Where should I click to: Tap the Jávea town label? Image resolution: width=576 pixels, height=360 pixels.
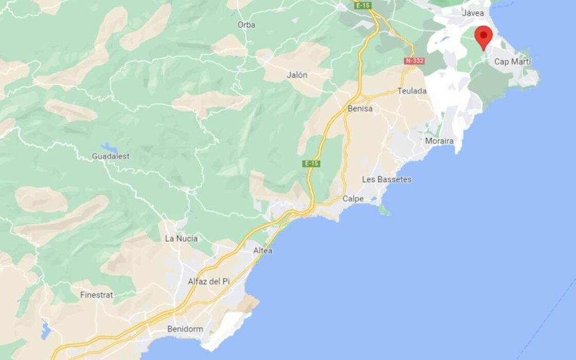473,13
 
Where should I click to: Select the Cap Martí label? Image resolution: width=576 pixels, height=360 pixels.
513,62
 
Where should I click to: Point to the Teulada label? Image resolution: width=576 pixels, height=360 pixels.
412,91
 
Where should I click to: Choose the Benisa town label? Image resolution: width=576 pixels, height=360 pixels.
360,109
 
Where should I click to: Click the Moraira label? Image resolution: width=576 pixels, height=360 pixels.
439,141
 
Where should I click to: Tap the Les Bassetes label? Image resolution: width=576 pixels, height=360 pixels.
387,179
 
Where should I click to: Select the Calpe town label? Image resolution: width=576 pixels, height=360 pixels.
353,199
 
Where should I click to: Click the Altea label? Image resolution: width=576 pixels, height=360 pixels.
263,251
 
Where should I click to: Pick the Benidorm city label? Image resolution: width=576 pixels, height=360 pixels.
185,329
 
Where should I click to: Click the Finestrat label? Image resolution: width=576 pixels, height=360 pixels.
97,295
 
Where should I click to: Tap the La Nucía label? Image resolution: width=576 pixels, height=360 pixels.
181,239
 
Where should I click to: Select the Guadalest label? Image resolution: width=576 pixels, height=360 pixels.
111,156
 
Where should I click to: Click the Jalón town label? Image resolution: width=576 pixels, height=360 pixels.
297,75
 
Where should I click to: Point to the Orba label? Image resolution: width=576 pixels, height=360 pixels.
246,25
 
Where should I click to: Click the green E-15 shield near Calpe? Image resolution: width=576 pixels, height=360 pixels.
311,164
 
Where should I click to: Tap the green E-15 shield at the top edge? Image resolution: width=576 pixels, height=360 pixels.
363,5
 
